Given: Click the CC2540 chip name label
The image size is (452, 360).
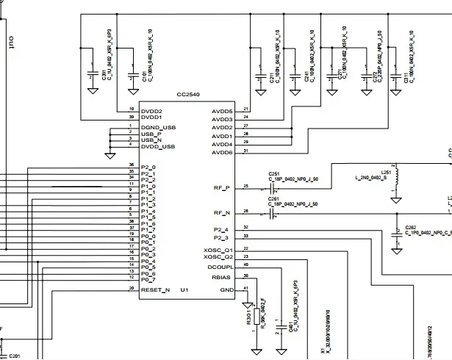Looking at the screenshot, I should point(187,95).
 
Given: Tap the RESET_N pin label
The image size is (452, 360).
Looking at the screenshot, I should point(155,290).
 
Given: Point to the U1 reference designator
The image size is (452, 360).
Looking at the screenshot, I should point(184,290).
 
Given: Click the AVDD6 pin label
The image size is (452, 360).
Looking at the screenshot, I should point(221,152).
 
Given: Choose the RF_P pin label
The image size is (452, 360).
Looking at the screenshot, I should point(221,188).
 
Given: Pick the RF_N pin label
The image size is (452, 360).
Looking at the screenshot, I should point(221,212).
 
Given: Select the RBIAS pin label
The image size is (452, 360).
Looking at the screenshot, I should point(222,278).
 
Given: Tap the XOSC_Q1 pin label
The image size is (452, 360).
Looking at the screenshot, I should point(218,250).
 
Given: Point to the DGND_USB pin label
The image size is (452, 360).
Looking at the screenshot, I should point(157,128).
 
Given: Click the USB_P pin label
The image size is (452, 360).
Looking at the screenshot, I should point(152,134).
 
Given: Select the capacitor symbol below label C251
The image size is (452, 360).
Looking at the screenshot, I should point(272,188).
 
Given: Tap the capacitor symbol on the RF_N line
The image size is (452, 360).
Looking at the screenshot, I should point(272,212).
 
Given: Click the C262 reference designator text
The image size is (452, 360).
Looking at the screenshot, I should point(410,227).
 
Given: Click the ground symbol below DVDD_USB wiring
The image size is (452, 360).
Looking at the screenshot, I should point(110,155).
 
